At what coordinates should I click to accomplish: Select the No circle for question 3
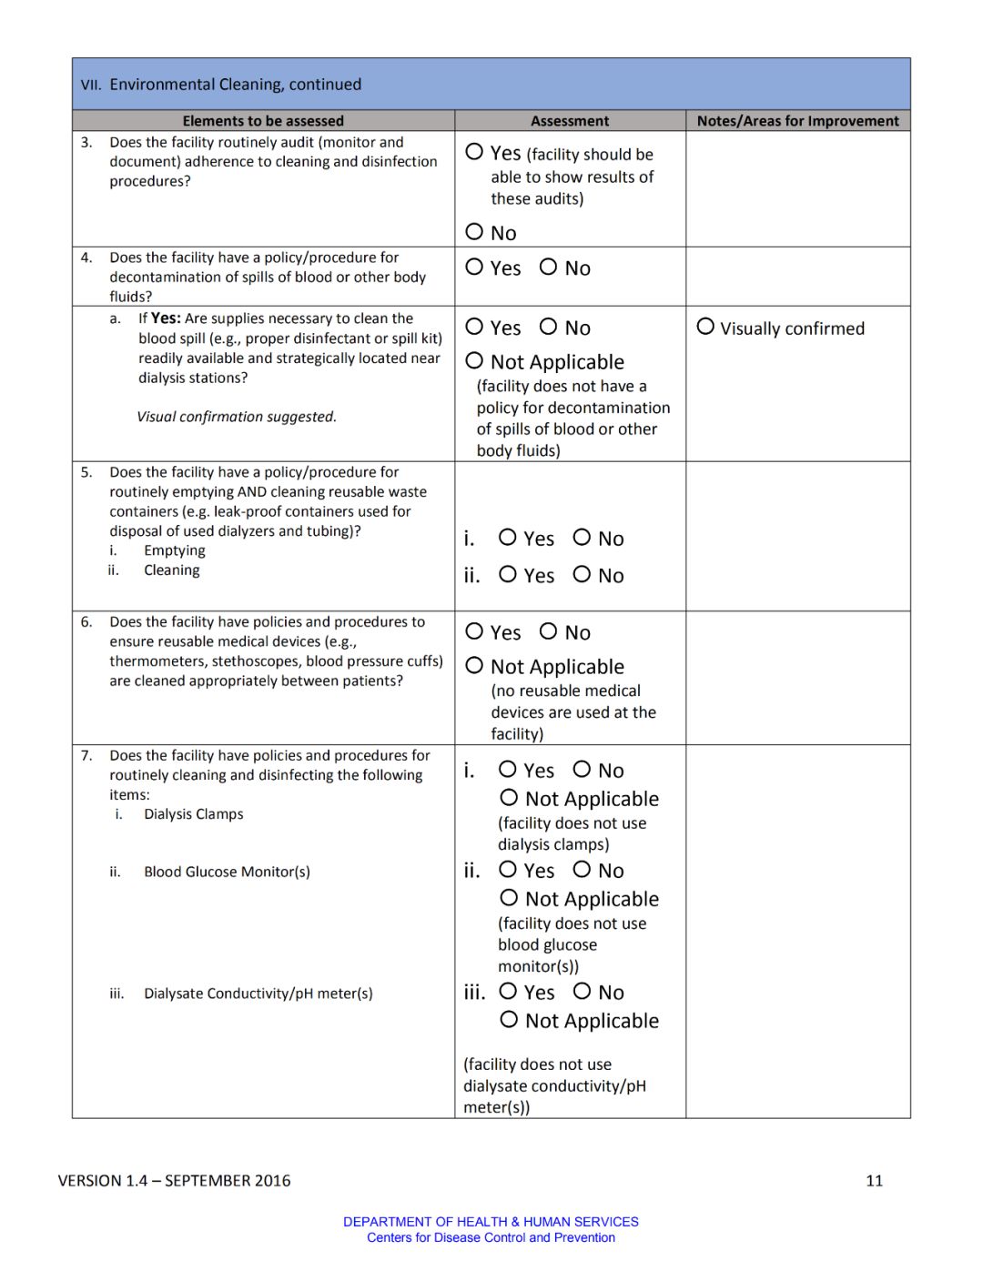pyautogui.click(x=474, y=232)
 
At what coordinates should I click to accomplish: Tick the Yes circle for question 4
pyautogui.click(x=474, y=267)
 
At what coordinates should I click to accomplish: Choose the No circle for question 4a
pyautogui.click(x=548, y=326)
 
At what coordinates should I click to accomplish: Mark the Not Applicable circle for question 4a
pyautogui.click(x=474, y=360)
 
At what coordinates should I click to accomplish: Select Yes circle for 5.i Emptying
pyautogui.click(x=508, y=538)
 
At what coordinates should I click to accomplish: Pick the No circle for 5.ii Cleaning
pyautogui.click(x=582, y=574)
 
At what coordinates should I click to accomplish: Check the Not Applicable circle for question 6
pyautogui.click(x=474, y=665)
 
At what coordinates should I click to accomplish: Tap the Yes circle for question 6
pyautogui.click(x=474, y=630)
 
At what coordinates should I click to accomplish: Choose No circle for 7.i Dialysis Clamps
pyautogui.click(x=582, y=770)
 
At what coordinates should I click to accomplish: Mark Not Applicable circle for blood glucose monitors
pyautogui.click(x=509, y=898)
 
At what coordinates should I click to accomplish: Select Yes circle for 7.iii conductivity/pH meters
pyautogui.click(x=508, y=991)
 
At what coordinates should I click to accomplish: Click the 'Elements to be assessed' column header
pyautogui.click(x=263, y=121)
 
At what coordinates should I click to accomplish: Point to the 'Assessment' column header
pyautogui.click(x=570, y=121)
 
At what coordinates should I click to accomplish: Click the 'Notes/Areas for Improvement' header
pyautogui.click(x=797, y=121)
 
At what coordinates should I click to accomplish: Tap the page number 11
pyautogui.click(x=874, y=1180)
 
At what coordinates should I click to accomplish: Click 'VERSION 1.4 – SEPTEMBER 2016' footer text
pyautogui.click(x=174, y=1180)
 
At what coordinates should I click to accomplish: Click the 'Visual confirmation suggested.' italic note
pyautogui.click(x=237, y=417)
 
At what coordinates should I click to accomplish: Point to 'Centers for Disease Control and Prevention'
pyautogui.click(x=491, y=1237)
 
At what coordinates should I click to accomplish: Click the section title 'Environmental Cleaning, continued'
pyautogui.click(x=235, y=85)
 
